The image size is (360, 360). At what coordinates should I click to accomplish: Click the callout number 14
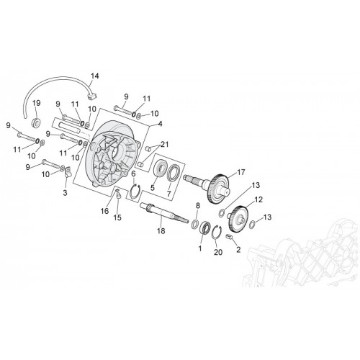[94, 76]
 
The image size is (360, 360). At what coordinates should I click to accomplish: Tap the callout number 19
[37, 103]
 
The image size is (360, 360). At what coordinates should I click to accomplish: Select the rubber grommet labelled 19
[37, 122]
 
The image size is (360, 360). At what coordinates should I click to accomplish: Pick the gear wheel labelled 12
[238, 219]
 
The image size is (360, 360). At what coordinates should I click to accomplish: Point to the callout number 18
[161, 230]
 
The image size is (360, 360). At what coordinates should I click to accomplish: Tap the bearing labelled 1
[204, 228]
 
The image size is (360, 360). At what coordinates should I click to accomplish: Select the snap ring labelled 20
[217, 233]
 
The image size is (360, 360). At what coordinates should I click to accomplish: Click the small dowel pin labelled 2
[230, 237]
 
